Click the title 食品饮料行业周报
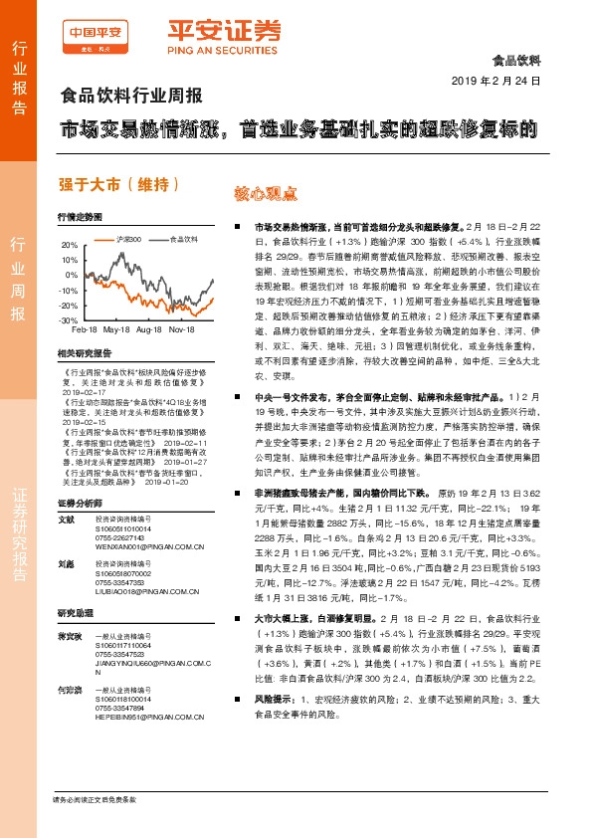[x=131, y=98]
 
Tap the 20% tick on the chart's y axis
[x=70, y=244]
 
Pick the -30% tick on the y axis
[x=69, y=320]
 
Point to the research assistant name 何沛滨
[x=69, y=689]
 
